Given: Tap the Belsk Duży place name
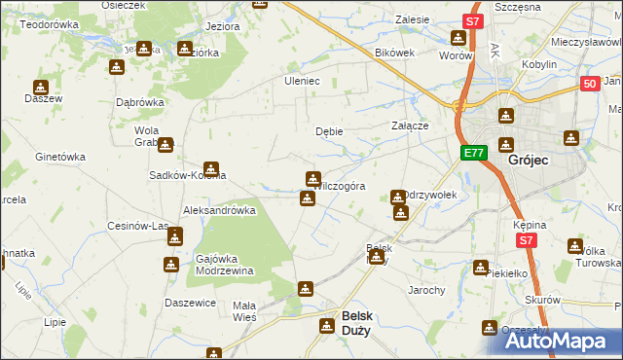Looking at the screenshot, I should point(356,322).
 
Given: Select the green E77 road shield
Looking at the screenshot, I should point(474,154).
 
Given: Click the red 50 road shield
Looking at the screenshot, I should point(589,85).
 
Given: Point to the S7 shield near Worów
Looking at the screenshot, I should point(472,20).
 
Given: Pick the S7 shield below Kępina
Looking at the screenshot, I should point(527,239).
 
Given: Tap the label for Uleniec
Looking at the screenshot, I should point(302,81).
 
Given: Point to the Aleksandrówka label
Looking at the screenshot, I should point(219,209).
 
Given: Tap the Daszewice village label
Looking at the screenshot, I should point(190,304).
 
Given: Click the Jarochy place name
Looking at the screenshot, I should point(426,290).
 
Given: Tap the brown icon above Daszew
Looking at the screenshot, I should point(40,87).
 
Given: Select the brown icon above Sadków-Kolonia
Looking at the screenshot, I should point(209,168).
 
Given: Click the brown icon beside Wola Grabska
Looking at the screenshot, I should point(165,146).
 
